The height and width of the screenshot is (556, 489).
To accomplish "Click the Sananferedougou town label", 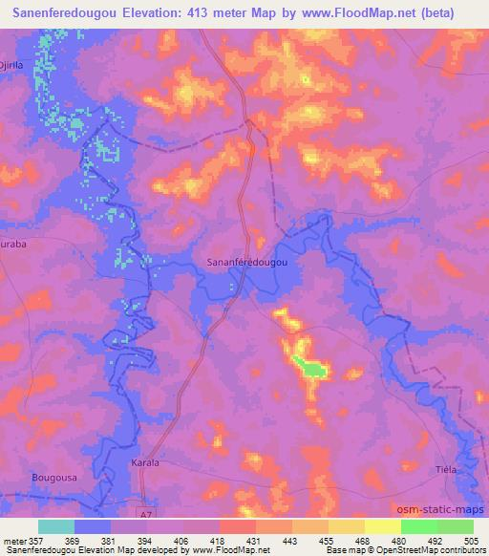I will point(247,259).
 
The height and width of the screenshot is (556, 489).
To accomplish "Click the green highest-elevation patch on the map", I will point(308,365).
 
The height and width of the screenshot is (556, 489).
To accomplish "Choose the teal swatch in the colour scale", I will point(56,526).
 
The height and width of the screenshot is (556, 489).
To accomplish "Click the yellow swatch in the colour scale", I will point(382,526).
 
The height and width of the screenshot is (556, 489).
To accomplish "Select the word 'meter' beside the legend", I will point(13,541).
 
